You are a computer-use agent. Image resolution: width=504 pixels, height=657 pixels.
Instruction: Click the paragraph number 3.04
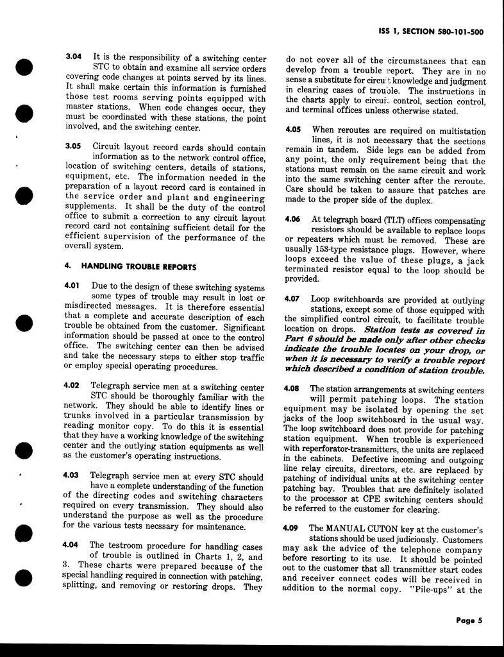pyautogui.click(x=74, y=57)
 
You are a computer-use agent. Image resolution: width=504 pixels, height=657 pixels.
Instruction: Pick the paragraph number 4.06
pyautogui.click(x=292, y=219)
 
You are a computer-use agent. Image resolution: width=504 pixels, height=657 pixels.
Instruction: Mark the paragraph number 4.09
pyautogui.click(x=292, y=528)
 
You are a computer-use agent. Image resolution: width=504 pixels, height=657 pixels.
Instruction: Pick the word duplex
pyautogui.click(x=403, y=201)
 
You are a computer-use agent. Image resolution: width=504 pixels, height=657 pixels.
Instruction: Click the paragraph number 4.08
pyautogui.click(x=292, y=389)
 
